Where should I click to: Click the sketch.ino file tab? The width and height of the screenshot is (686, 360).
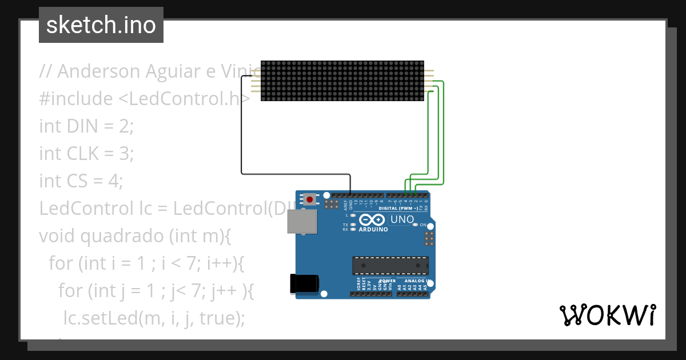pos(101,25)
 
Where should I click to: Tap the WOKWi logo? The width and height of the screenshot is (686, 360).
pos(607,315)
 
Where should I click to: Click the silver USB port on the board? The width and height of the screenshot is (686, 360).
pos(301,222)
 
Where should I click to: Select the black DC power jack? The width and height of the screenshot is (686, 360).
pos(304,284)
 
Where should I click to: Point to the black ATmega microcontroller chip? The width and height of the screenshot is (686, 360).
pos(390,266)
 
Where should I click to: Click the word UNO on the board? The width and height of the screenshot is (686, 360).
pos(401,219)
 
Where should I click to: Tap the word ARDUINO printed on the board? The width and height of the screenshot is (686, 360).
pos(373,230)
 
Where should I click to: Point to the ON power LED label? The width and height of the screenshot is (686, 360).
pos(424,225)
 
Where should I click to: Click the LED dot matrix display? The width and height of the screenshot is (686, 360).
pos(342,81)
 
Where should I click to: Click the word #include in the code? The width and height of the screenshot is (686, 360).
pos(76,99)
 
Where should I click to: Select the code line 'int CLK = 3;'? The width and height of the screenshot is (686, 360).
pos(86,154)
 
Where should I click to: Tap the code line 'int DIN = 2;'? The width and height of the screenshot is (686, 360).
pos(86,126)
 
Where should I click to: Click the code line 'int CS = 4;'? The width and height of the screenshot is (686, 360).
pos(81,181)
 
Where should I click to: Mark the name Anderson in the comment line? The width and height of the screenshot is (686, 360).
pos(98,71)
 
